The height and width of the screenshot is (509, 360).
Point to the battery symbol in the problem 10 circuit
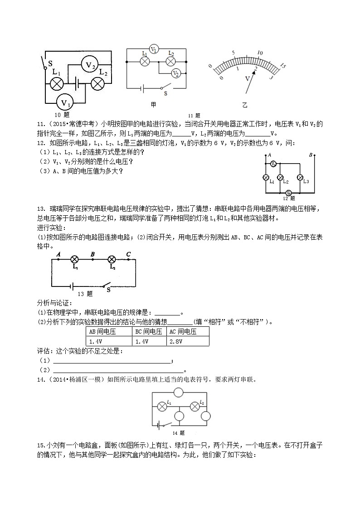[78, 84]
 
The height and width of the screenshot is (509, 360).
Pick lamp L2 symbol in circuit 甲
[171, 62]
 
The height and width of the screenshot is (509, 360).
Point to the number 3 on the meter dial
[271, 78]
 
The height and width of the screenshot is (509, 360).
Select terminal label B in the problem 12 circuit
[311, 155]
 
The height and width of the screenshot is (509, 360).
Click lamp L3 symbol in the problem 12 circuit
[299, 177]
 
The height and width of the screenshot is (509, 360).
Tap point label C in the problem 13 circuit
[128, 254]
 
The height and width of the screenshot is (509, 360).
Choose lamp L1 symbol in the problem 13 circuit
[75, 260]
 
